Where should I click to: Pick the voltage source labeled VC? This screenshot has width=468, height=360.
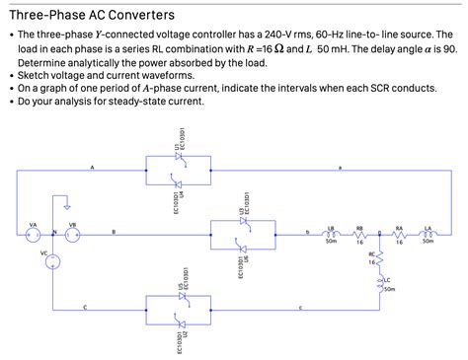point(52,261)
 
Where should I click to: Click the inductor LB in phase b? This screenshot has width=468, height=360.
point(331,234)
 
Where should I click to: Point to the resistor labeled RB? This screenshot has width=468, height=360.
point(359,234)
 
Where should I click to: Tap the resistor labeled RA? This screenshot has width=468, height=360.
point(399,234)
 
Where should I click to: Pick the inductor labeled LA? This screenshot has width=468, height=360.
point(428,234)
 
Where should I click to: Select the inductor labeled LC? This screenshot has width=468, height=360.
point(379,283)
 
